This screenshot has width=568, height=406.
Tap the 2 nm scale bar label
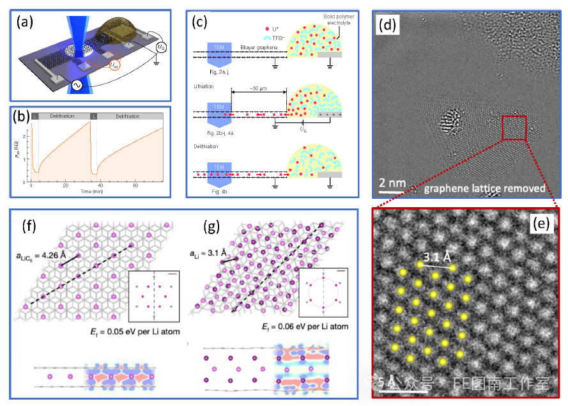tap(392, 183)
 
